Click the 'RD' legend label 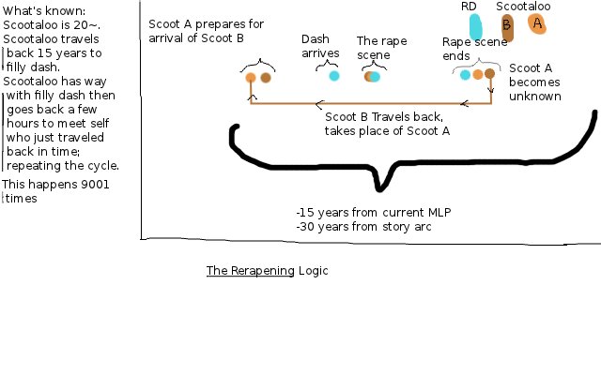469,7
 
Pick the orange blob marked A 537,23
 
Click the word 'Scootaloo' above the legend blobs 523,7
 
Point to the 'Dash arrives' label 318,46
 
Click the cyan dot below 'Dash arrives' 333,76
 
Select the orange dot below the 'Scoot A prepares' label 251,78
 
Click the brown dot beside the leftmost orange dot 266,78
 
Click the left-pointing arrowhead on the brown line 319,103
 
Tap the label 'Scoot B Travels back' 374,117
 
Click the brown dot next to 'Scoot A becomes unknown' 489,73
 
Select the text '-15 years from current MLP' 373,212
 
